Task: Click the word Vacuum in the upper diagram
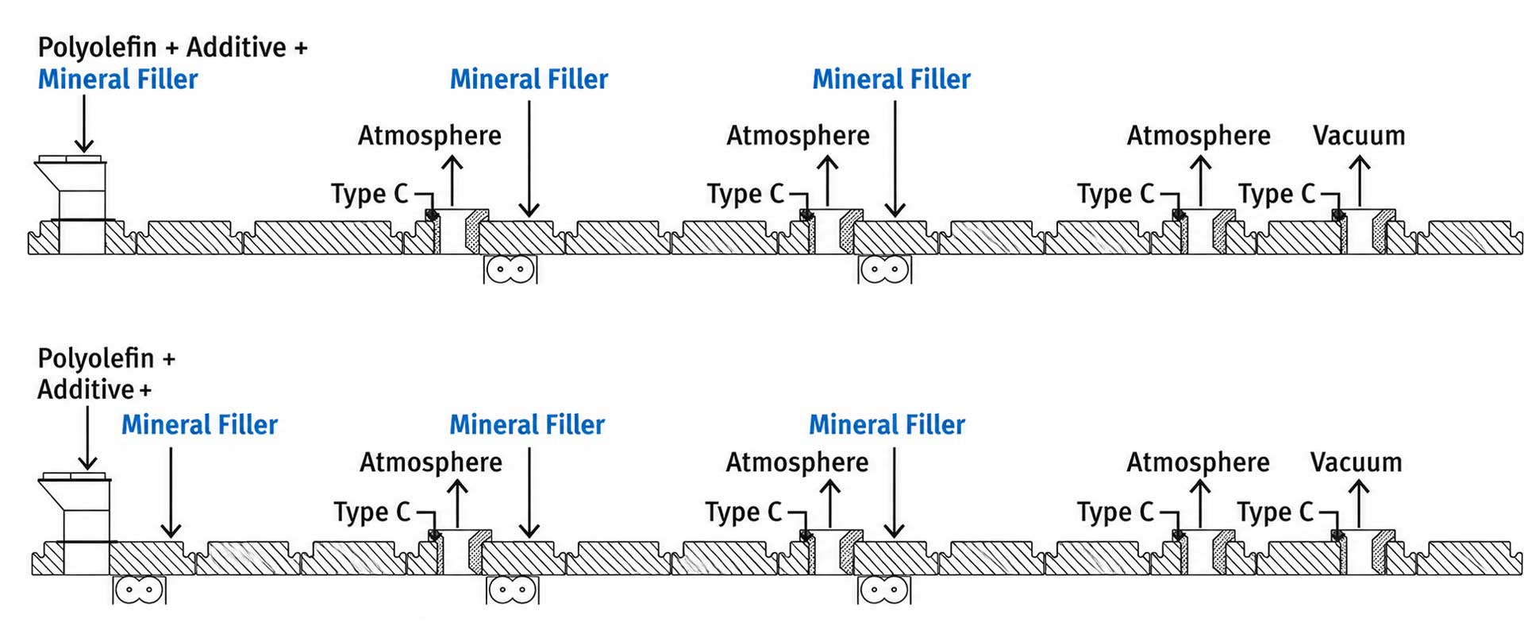pos(1359,136)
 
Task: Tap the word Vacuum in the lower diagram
pos(1357,462)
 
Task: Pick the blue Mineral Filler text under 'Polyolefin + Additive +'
pos(117,79)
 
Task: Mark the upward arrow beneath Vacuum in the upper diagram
pos(1360,181)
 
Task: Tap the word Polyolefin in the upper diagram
pos(98,48)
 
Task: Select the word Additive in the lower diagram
pos(86,390)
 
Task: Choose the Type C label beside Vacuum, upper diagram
pos(1276,194)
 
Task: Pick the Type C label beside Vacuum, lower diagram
pos(1275,512)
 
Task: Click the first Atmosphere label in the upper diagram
pos(429,136)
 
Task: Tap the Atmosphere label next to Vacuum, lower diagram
pos(1198,462)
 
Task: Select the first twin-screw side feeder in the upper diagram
pos(510,269)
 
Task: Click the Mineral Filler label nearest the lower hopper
pos(199,425)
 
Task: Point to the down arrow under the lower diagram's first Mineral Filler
pos(171,493)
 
